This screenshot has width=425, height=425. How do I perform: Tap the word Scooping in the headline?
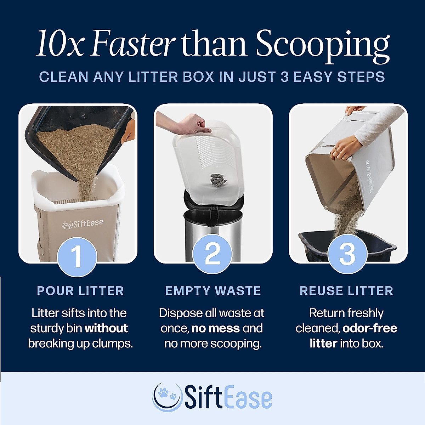[322, 44]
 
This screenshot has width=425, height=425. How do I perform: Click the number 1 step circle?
[77, 256]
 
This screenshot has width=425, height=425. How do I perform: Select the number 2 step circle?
[212, 254]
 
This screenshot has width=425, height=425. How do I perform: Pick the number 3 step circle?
[347, 254]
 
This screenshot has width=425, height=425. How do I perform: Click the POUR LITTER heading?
[80, 291]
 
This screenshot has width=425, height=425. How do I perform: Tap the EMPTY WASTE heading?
[213, 291]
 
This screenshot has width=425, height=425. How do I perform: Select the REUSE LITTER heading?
[346, 291]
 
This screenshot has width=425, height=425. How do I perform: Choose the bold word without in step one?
[106, 328]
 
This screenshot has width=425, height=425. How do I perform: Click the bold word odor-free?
[370, 328]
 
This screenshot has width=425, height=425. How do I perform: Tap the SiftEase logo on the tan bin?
[83, 224]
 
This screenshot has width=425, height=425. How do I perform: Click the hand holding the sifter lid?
[191, 124]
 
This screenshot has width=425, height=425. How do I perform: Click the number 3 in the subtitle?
[285, 77]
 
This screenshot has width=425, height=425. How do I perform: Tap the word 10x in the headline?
[60, 44]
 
